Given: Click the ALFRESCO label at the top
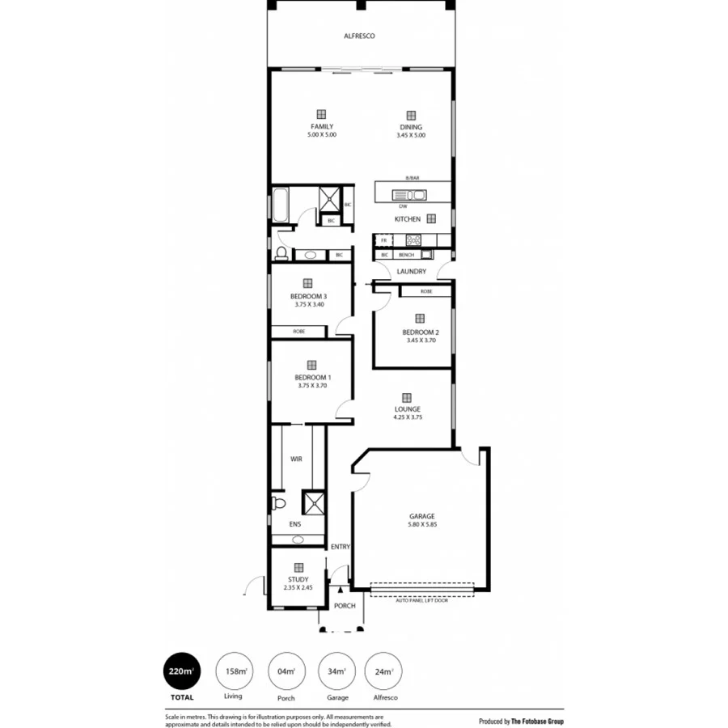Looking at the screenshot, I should point(359,36).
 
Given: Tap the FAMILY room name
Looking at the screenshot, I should point(321,127).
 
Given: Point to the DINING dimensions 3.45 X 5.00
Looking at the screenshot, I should point(411,136).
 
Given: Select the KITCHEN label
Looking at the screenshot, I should point(407,219).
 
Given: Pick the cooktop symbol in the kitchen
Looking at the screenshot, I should point(413,239).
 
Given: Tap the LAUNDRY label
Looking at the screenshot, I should point(412,272).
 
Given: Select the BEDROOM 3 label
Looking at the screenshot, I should point(308,296).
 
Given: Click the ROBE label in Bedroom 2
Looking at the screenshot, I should point(425,290).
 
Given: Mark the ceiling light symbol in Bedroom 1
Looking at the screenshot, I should point(311,364).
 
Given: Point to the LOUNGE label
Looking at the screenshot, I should point(407,409).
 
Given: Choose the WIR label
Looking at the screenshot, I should point(296,459).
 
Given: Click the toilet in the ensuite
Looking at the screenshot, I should point(279,503).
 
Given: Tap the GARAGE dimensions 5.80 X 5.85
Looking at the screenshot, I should point(421,525).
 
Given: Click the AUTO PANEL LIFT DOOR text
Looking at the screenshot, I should point(421,601).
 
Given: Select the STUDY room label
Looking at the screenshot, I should point(298,579).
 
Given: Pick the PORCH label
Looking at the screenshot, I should point(345,606).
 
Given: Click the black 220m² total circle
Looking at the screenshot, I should point(181,671).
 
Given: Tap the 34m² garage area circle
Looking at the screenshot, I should point(336,671).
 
